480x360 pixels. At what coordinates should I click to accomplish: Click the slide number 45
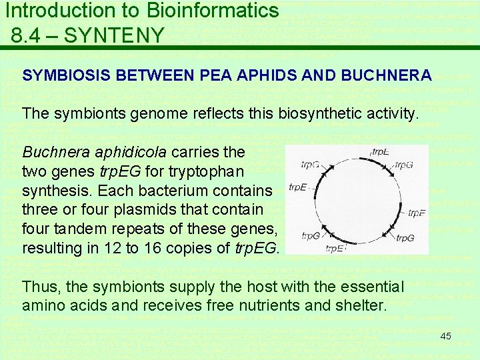[445, 336]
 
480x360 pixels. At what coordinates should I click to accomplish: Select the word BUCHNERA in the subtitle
[386, 75]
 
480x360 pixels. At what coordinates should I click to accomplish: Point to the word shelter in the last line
[361, 306]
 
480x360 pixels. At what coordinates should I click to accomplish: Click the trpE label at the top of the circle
[381, 152]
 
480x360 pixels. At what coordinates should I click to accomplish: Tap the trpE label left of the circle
[297, 188]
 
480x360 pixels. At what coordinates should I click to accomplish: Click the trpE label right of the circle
[417, 214]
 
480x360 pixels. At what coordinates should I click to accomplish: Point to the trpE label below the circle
[335, 249]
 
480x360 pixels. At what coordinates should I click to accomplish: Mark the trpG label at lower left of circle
[311, 235]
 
